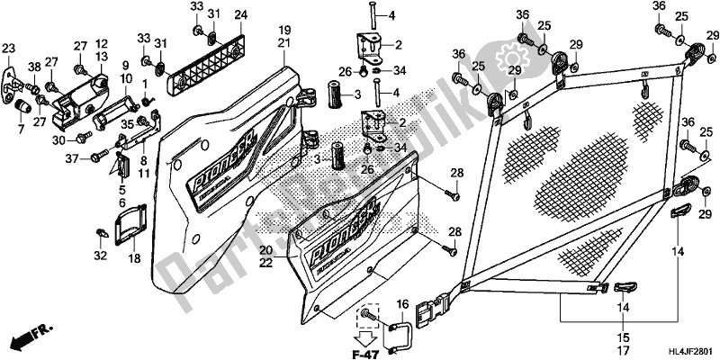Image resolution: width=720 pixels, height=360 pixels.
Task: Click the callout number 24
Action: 239,15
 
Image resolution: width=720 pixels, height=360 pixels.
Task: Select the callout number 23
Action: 9,49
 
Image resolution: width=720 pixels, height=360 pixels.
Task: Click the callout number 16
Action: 401,304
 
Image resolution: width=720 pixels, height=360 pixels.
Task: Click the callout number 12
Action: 102,43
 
